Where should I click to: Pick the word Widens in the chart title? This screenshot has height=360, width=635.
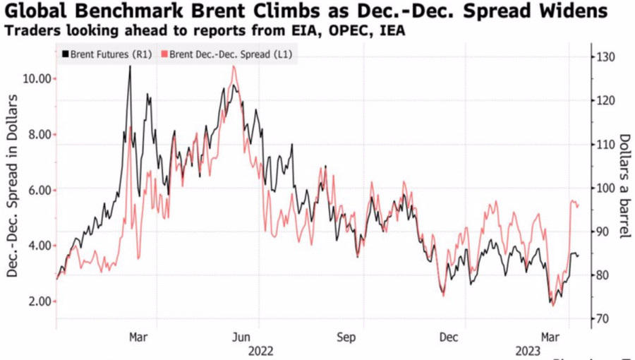point(575,12)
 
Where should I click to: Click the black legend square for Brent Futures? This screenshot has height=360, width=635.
point(66,54)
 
